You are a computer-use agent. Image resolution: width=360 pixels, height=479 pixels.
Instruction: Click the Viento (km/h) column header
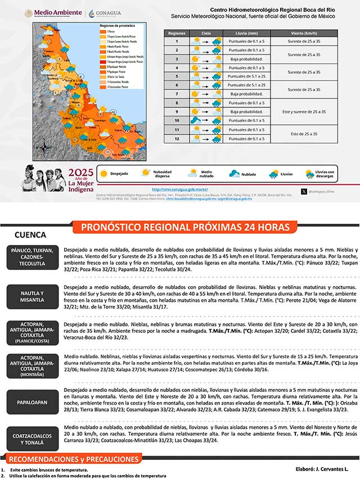303,33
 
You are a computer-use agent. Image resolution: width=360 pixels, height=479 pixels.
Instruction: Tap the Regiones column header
176,33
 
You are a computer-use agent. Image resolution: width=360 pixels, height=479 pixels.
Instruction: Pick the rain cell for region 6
242,85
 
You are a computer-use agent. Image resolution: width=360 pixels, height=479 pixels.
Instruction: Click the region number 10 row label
176,120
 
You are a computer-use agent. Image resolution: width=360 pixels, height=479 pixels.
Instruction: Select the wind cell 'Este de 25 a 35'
303,134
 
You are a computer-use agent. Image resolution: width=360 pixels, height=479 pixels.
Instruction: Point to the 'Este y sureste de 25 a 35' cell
303,112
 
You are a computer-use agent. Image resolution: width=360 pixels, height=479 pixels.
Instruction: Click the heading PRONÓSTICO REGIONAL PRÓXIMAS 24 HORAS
188,227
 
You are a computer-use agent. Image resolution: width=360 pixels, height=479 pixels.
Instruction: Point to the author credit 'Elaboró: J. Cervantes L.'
322,468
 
